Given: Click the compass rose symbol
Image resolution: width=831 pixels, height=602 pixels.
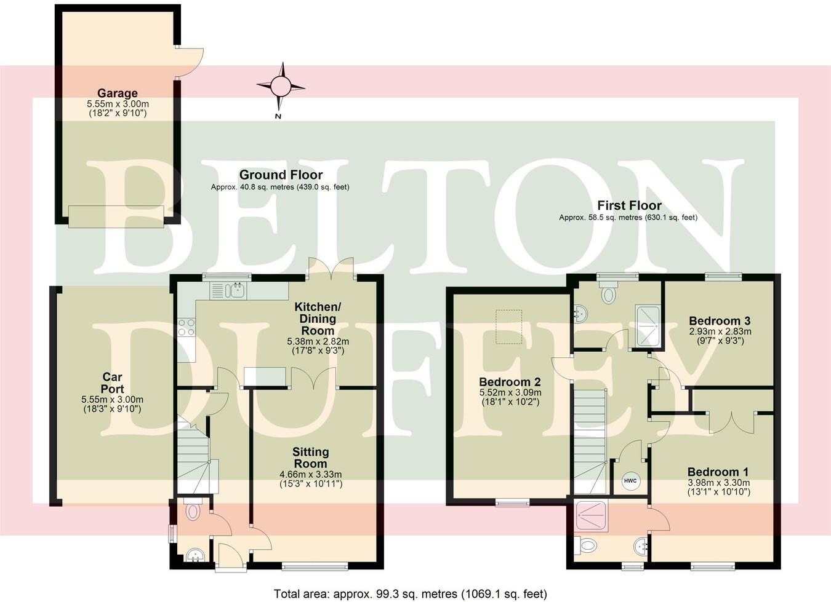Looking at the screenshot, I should (x=281, y=85).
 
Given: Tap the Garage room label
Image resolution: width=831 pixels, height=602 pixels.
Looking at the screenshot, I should (x=117, y=93).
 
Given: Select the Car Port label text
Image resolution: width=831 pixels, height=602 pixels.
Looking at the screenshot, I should (x=112, y=382).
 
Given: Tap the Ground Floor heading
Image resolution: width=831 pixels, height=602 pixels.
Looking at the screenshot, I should (x=281, y=175).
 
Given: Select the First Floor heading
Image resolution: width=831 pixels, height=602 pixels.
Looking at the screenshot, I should (x=629, y=205).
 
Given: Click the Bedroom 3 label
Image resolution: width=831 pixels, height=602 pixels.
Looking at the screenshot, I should (x=719, y=321).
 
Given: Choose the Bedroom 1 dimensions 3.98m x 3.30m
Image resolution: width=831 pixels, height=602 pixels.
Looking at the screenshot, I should (x=718, y=483).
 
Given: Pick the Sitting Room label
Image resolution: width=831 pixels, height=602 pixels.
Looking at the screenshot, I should (x=310, y=457).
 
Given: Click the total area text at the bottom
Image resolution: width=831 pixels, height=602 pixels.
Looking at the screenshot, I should (x=410, y=594).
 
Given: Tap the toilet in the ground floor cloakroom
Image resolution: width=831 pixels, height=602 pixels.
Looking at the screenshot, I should (x=192, y=511).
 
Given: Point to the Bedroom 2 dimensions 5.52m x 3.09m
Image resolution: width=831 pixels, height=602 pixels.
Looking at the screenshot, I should (x=510, y=392).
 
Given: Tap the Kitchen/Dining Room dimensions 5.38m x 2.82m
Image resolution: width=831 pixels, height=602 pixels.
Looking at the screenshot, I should (x=318, y=341).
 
